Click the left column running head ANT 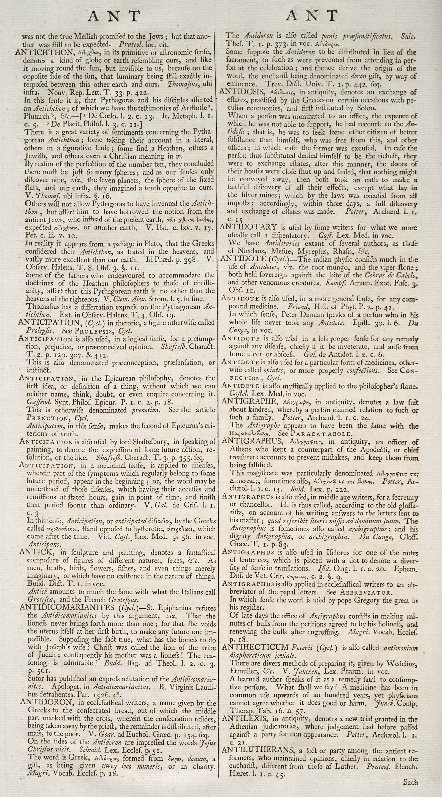pyautogui.click(x=114, y=16)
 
